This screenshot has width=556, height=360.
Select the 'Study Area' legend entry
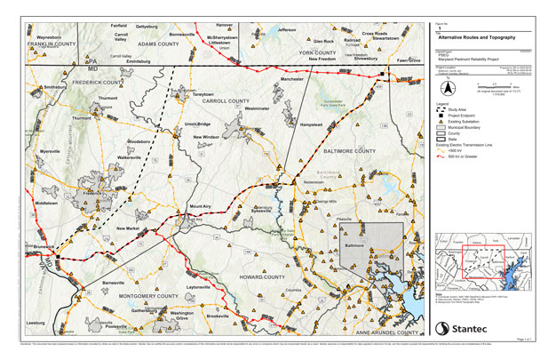461,108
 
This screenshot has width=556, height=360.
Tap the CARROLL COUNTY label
226,102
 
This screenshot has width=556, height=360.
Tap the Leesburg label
36,322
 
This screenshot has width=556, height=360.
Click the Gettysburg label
146,28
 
